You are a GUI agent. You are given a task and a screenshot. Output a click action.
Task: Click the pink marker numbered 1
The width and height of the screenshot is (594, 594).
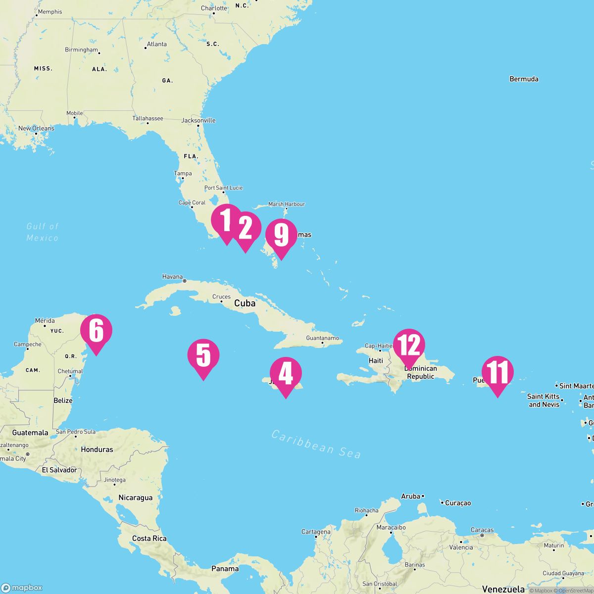tap(226, 221)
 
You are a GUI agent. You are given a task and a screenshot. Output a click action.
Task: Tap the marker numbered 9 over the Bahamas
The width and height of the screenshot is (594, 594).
tap(281, 235)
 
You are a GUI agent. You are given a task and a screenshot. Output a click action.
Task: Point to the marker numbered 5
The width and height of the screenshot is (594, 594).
tap(203, 355)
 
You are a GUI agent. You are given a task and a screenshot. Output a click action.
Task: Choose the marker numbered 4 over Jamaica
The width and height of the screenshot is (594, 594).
tap(286, 374)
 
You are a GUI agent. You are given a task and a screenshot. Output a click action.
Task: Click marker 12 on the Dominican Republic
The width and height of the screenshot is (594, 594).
tap(409, 345)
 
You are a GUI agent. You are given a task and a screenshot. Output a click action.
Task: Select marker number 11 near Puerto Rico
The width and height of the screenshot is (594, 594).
tap(497, 373)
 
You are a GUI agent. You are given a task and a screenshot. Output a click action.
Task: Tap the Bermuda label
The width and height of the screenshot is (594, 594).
tap(524, 79)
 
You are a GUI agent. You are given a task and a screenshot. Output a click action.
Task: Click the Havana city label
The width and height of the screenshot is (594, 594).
tap(172, 277)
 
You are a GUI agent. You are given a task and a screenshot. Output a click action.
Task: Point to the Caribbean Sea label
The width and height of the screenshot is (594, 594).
tap(316, 444)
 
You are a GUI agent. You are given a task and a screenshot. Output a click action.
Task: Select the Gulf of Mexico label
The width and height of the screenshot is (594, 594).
tap(43, 232)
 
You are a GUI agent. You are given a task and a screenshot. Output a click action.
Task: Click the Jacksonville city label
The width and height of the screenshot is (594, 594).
tap(198, 120)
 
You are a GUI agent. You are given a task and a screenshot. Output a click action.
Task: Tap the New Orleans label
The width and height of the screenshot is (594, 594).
tap(36, 128)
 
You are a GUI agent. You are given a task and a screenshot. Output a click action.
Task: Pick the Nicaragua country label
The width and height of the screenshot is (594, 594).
tap(135, 497)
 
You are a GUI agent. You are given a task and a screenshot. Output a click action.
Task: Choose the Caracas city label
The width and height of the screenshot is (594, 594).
tap(482, 530)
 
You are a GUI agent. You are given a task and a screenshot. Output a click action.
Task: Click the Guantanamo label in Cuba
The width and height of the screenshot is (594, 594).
tap(322, 338)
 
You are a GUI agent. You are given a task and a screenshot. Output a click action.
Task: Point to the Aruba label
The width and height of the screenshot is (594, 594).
tap(410, 496)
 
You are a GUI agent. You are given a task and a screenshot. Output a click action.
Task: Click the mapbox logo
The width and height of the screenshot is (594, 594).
tap(22, 588)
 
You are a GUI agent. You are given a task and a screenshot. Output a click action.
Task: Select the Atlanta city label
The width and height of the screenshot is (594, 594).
tap(156, 44)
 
